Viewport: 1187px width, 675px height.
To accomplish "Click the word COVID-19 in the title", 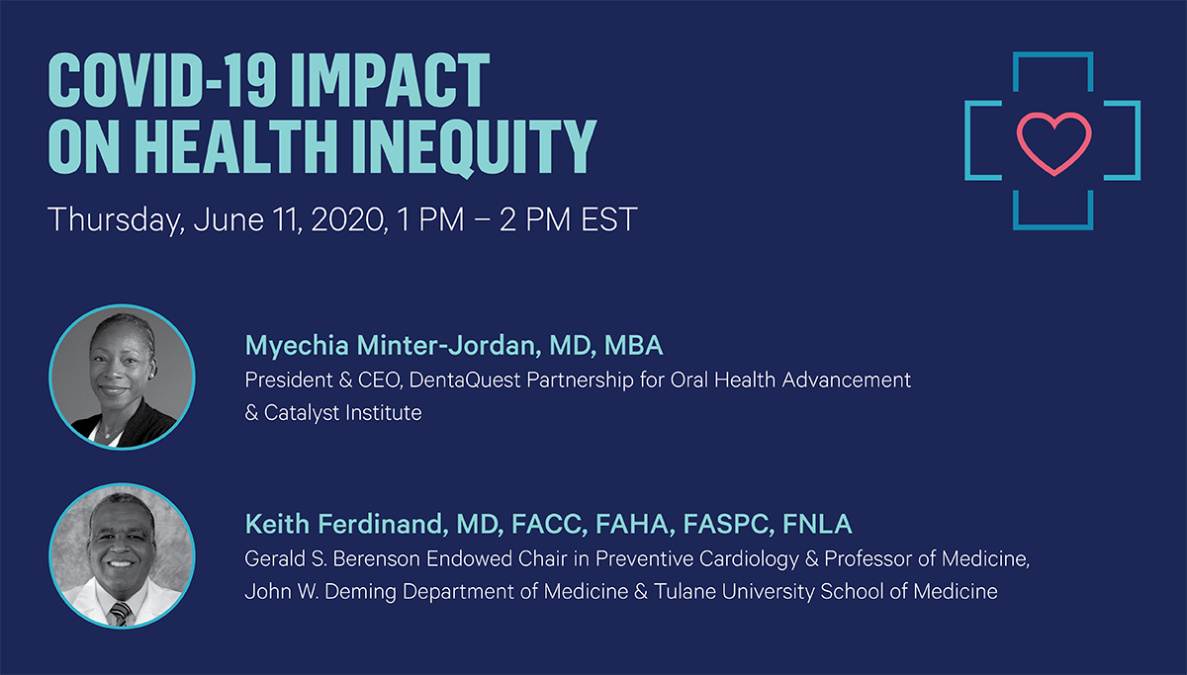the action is click(x=161, y=80).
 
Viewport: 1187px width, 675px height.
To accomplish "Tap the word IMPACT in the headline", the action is click(x=390, y=80).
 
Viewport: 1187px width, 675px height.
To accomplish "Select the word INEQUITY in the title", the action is click(x=474, y=147).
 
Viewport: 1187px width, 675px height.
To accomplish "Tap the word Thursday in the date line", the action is click(x=117, y=219).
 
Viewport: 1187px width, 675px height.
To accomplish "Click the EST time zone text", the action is click(x=609, y=219).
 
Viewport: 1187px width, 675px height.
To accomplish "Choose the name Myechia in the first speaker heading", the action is click(x=297, y=346).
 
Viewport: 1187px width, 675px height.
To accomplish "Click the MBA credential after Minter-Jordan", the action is click(x=633, y=345).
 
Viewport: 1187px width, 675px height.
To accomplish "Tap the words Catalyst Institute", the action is click(x=343, y=413).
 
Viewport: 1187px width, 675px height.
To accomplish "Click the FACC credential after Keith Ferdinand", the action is click(x=550, y=524).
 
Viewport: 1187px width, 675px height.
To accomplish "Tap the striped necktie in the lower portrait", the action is click(x=121, y=613).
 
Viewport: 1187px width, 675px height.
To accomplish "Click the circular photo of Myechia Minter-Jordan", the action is click(x=122, y=377).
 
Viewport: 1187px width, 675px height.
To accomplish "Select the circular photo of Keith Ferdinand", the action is click(x=122, y=555).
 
